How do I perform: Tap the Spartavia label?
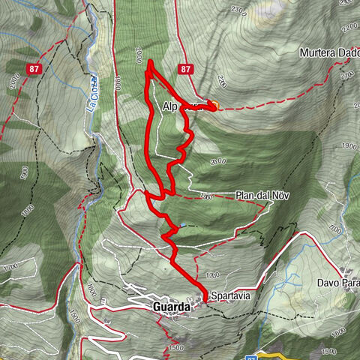point(230,295)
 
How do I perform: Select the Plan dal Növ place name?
point(262,195)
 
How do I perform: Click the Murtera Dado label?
point(328,53)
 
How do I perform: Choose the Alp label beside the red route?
point(169,107)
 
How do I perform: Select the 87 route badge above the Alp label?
point(187,69)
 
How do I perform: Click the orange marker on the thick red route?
point(213,106)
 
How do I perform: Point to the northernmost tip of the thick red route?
point(150,61)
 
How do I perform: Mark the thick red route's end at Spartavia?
point(205,298)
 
